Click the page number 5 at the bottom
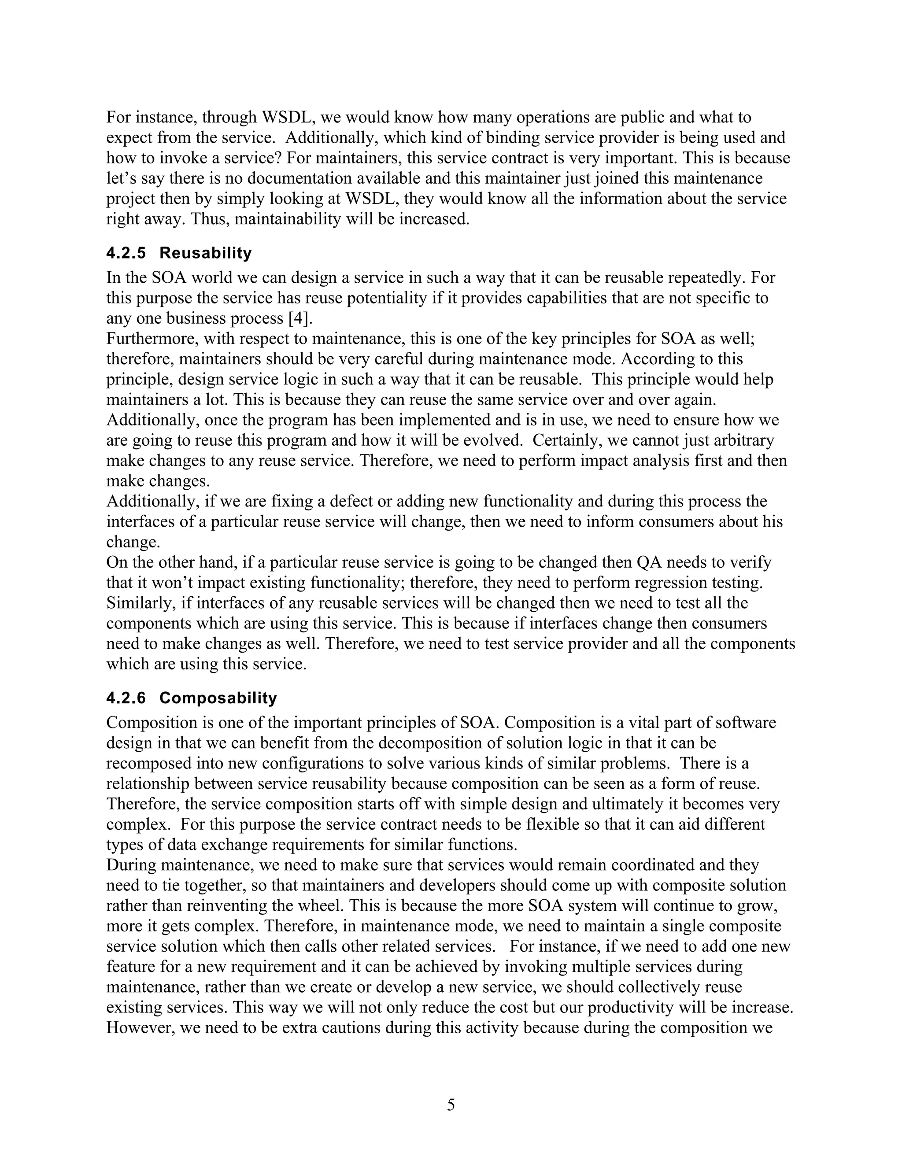pos(451,1104)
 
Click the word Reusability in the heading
pos(205,253)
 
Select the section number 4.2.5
pos(126,253)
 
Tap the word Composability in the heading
pos(218,698)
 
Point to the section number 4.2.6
pos(126,698)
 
